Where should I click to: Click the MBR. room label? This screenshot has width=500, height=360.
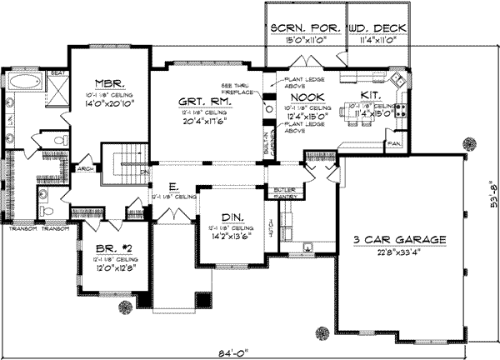108,83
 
